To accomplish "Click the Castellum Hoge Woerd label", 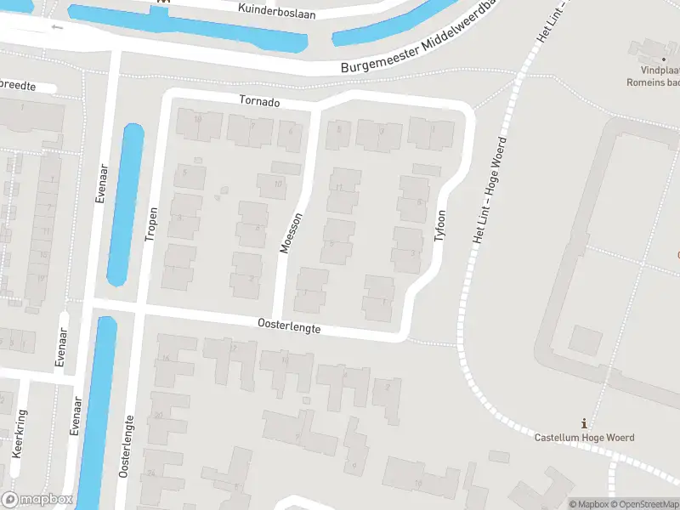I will tap(584, 438).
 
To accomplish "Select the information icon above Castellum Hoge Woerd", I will tap(583, 423).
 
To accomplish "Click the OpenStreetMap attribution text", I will tap(644, 504).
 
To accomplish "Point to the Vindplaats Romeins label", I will tap(658, 77).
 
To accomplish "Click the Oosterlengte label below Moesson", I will tap(290, 326).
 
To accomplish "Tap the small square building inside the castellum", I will tap(585, 341).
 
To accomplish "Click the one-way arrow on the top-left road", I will tap(58, 26).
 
